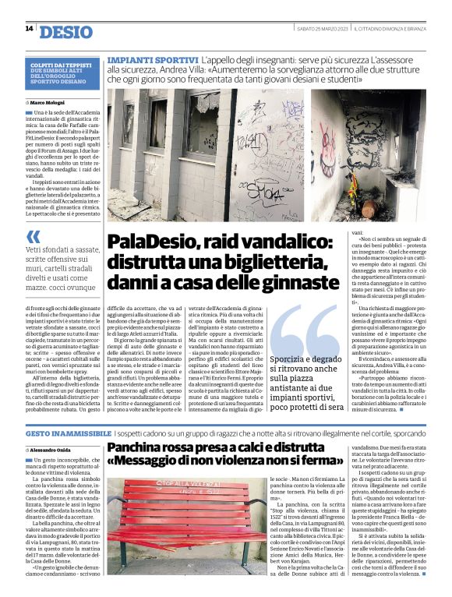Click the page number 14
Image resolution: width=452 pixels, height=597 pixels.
(x=29, y=29)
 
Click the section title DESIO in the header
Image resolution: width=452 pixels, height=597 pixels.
(x=65, y=31)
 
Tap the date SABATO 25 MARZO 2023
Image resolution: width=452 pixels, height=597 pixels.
(x=321, y=30)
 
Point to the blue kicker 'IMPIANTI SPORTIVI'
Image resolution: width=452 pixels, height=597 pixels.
(x=152, y=60)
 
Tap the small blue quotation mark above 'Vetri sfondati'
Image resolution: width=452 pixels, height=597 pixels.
(x=32, y=236)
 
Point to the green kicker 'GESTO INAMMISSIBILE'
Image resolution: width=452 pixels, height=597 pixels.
(x=69, y=433)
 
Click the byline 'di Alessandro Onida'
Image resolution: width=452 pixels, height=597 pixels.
(x=51, y=450)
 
